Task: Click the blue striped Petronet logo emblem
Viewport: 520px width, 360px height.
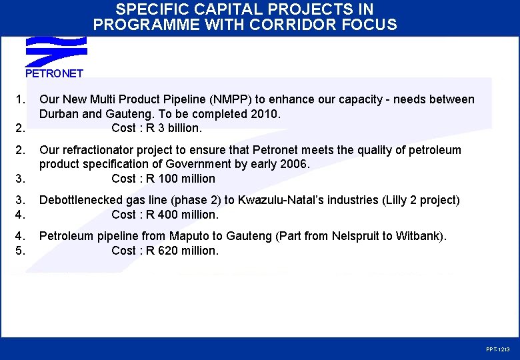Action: (56, 51)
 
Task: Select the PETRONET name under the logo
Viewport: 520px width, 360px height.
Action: (54, 73)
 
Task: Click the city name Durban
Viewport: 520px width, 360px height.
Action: (60, 114)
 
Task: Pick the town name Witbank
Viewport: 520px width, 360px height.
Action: (419, 236)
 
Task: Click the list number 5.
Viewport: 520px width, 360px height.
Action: (20, 251)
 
